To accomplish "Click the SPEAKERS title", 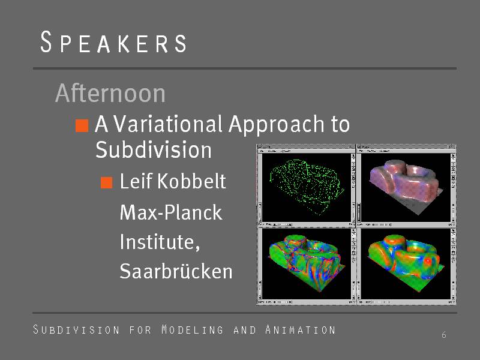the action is (x=113, y=42).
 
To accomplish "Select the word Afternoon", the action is (x=110, y=93).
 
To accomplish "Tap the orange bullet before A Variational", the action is (x=82, y=125).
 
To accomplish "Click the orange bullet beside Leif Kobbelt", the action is (x=107, y=182).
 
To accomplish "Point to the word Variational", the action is (x=168, y=124).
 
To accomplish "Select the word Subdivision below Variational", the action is (x=154, y=149).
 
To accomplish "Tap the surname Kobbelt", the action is (x=191, y=181).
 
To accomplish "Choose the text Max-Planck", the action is (x=171, y=212).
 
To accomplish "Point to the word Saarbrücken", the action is (x=176, y=271).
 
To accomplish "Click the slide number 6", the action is (x=444, y=335).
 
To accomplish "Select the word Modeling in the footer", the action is (x=192, y=329).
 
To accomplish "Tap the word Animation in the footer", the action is (x=301, y=329).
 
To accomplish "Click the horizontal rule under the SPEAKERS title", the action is (x=245, y=68).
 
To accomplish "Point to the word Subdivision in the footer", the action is (x=76, y=329).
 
